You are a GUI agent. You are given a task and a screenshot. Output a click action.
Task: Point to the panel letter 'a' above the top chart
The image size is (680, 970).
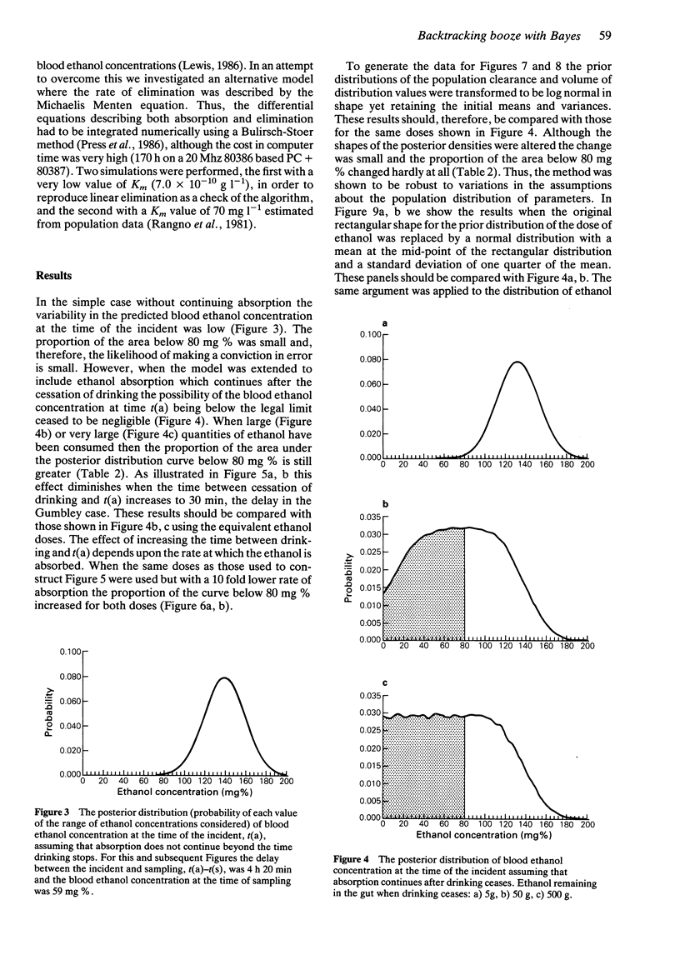coord(382,322)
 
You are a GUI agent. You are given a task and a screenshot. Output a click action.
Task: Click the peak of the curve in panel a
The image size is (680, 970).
coord(517,362)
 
